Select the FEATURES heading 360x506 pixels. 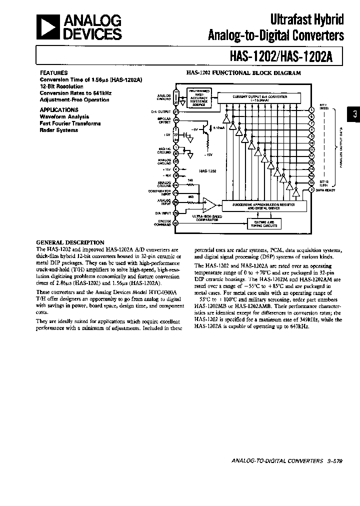coord(53,72)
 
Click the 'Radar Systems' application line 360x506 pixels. coord(59,130)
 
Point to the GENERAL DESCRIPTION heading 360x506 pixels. coord(70,242)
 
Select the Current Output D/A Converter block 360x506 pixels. coord(259,97)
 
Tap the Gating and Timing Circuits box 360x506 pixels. coord(263,223)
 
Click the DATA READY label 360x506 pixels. coord(327,189)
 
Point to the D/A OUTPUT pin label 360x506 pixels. coord(161,111)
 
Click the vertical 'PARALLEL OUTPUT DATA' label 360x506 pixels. coord(341,147)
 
